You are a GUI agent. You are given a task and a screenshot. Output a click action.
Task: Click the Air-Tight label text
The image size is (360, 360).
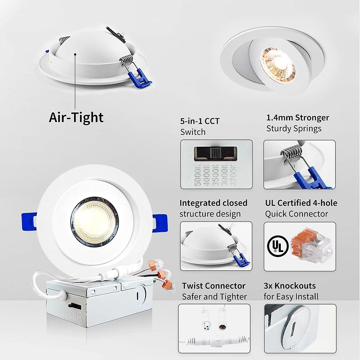pyautogui.click(x=76, y=117)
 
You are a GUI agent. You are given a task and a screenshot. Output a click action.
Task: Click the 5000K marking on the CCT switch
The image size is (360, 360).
pyautogui.click(x=198, y=175)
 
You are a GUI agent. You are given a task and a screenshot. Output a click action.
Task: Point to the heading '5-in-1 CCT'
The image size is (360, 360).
pyautogui.click(x=200, y=121)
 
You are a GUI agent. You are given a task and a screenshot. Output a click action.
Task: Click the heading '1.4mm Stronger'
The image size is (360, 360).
pyautogui.click(x=298, y=118)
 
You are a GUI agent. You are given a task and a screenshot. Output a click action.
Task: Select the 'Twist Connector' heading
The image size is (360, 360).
pyautogui.click(x=214, y=286)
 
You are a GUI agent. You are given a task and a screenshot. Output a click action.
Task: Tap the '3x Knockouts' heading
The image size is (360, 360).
pyautogui.click(x=290, y=286)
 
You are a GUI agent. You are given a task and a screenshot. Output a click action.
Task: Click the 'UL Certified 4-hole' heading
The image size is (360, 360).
pyautogui.click(x=301, y=203)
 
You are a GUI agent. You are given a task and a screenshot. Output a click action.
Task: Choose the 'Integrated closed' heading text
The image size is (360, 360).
pyautogui.click(x=213, y=203)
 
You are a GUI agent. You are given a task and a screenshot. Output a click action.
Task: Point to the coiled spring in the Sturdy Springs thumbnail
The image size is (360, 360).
pyautogui.click(x=292, y=151)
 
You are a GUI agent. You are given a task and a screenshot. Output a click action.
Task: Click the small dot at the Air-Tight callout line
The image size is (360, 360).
pyautogui.click(x=75, y=55)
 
